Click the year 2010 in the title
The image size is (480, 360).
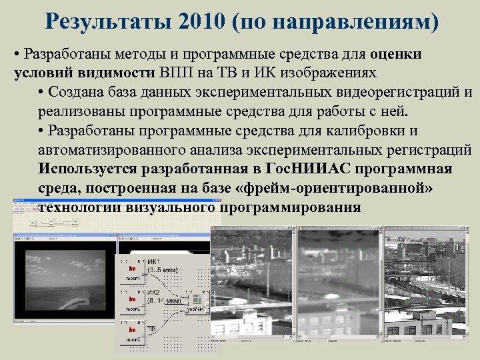tap(202, 23)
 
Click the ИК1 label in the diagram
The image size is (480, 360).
tap(155, 261)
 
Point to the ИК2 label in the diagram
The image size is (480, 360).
tap(155, 293)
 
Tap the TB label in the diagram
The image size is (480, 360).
tap(152, 329)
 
